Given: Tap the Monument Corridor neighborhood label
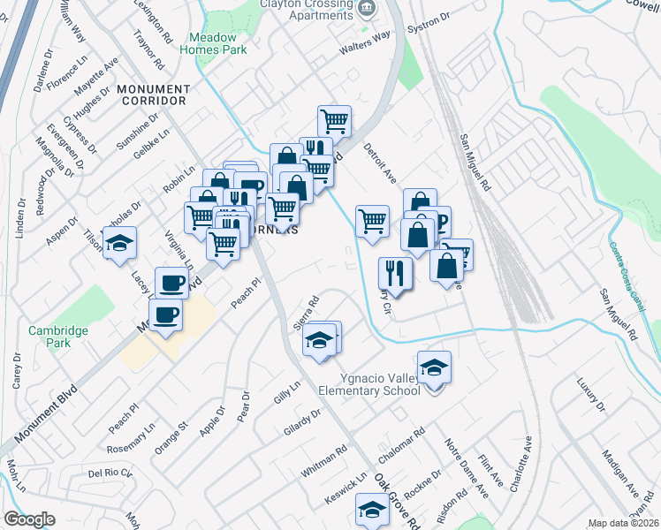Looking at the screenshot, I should pos(141,95).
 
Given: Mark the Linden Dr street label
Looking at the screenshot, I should pos(21,216).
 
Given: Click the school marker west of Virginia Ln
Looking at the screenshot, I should pos(118,244).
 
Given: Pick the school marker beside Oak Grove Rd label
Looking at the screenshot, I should pos(372,509).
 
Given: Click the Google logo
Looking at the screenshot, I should pos(29,519).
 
